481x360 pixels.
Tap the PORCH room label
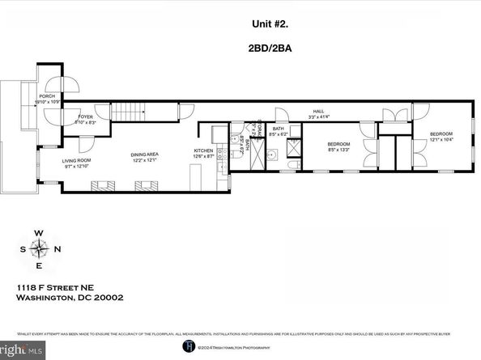pyautogui.click(x=46, y=96)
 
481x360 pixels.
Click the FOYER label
pyautogui.click(x=85, y=119)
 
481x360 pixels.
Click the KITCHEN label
pyautogui.click(x=203, y=151)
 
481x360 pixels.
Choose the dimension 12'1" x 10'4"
pyautogui.click(x=441, y=140)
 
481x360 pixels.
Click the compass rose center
pyautogui.click(x=38, y=249)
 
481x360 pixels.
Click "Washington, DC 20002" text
pyautogui.click(x=70, y=298)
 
